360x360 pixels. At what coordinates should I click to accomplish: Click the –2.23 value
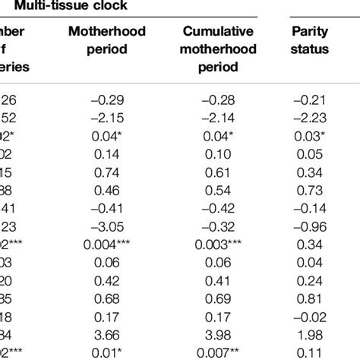point(310,118)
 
